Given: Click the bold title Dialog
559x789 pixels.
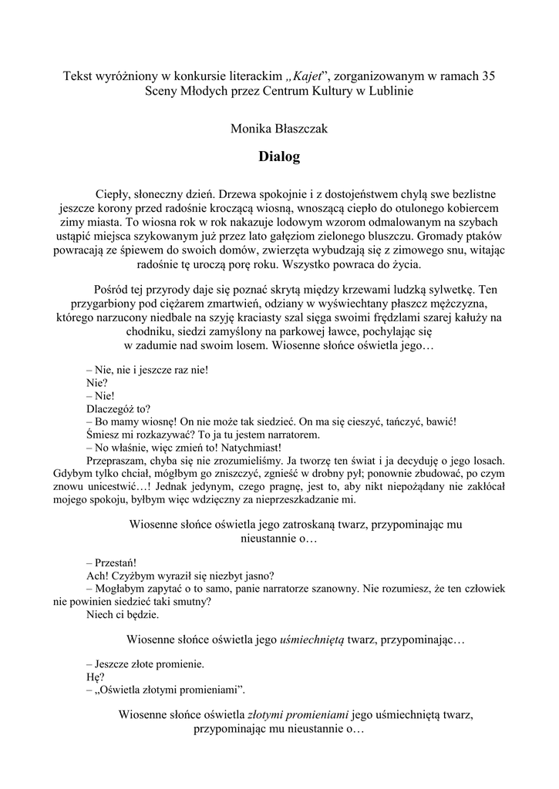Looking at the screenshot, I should [x=279, y=157].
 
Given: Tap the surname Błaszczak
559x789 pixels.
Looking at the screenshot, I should [x=299, y=129].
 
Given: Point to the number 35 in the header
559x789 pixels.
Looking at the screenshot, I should [x=488, y=76].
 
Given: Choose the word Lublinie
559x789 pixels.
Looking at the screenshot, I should [x=390, y=90].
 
